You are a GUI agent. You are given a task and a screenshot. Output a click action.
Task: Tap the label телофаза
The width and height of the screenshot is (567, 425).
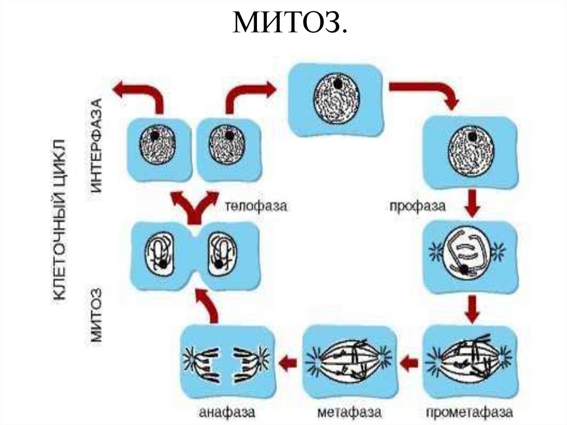coord(256,206)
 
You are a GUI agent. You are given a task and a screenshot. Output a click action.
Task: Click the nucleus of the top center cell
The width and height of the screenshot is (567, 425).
coord(336,99)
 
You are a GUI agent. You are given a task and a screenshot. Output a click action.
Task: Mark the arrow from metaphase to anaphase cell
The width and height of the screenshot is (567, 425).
coord(288,363)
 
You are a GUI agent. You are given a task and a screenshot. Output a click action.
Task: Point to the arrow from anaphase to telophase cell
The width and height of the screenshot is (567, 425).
coord(210,308)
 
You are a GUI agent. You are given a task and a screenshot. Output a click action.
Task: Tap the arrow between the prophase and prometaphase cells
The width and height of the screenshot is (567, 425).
coord(471,310)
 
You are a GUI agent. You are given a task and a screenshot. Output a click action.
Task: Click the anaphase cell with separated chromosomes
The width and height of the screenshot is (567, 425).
coord(228,362)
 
